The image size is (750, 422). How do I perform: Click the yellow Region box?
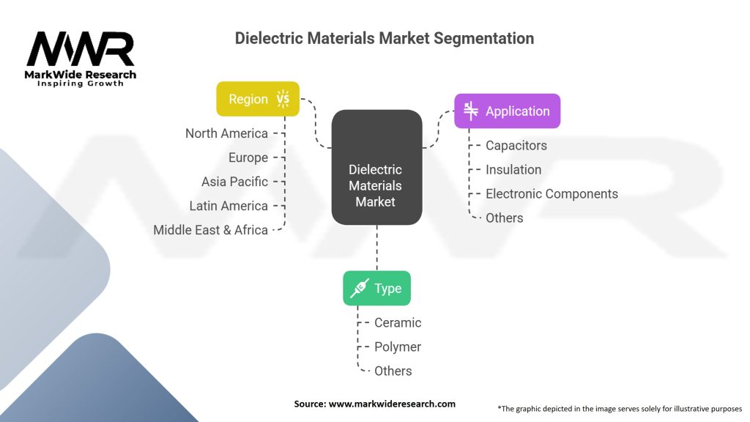coord(258,99)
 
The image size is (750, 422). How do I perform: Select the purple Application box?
coord(507,111)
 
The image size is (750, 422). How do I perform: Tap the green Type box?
coord(377,288)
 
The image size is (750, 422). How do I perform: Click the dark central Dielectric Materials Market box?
coord(377,168)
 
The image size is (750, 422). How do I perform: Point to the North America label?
coord(227,133)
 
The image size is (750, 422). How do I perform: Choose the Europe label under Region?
coord(248,158)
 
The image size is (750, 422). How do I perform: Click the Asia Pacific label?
coord(235,182)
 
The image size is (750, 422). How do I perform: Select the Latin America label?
coord(229,206)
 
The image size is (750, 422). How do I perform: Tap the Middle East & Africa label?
coord(210,230)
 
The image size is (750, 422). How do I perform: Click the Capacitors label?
coord(516,146)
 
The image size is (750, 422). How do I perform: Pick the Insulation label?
coord(513,169)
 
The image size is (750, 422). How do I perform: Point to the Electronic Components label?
coord(552,193)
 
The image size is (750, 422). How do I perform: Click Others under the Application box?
coord(505,218)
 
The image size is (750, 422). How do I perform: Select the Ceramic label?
coord(398,322)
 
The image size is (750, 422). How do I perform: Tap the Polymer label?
coord(398,347)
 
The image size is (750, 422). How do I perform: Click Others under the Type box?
coord(393,371)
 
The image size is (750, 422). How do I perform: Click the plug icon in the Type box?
coord(359,288)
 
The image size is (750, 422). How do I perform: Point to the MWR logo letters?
coord(81,49)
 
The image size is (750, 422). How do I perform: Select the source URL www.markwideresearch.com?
coord(393,404)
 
